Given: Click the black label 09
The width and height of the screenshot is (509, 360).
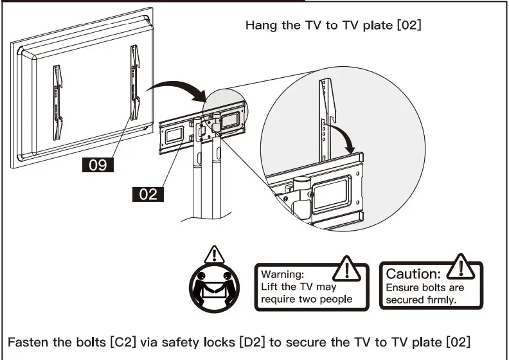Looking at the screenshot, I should (97, 165).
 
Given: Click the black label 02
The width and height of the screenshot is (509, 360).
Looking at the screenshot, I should (148, 194).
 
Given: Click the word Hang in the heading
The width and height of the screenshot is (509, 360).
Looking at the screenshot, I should (259, 26).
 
